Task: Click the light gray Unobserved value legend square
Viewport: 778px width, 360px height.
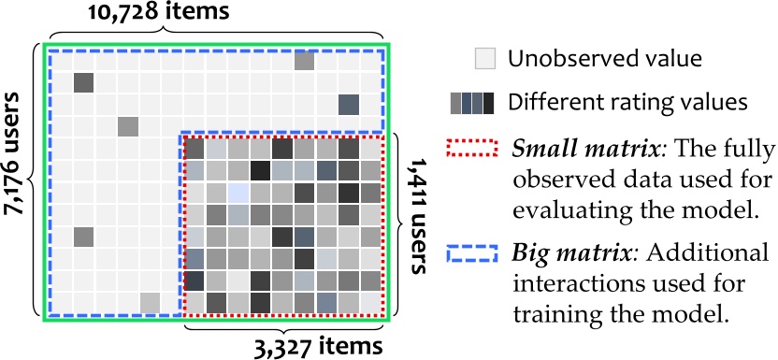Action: [483, 59]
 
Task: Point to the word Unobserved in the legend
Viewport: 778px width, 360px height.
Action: [569, 60]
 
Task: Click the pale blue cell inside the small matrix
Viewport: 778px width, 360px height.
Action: [238, 193]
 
